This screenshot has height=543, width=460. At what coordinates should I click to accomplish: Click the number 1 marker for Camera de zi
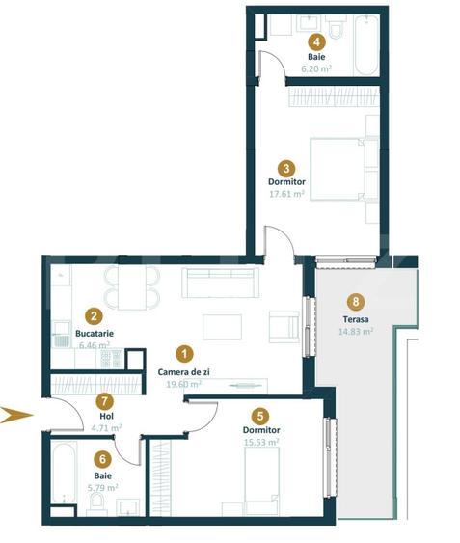[185, 354]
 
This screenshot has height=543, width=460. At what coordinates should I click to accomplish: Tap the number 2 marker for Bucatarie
[94, 315]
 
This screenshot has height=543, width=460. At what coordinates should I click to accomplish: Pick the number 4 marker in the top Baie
[315, 41]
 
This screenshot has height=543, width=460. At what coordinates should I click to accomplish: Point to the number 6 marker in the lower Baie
[101, 460]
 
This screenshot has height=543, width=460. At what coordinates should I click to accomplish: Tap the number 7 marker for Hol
[106, 401]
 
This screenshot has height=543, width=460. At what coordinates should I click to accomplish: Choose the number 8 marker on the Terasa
[356, 300]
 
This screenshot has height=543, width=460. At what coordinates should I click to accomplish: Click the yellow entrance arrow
[16, 416]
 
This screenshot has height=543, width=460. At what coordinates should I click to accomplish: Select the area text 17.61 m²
[286, 193]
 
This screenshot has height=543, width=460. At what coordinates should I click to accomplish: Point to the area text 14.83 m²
[356, 331]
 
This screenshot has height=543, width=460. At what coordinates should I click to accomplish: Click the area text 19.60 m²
[184, 384]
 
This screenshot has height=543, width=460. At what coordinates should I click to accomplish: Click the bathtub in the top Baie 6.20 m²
[367, 47]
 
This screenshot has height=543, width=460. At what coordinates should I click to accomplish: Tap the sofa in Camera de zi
[223, 284]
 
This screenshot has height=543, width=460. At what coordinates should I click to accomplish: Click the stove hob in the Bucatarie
[109, 359]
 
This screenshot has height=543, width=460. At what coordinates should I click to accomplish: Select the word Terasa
[356, 318]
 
